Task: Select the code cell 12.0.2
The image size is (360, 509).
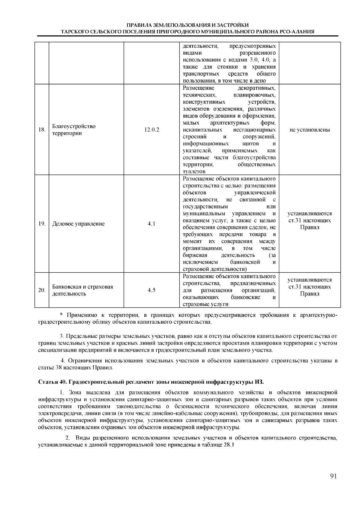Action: pyautogui.click(x=152, y=130)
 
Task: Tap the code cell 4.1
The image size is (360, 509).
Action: pyautogui.click(x=152, y=224)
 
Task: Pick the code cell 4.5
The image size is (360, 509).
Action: pyautogui.click(x=152, y=290)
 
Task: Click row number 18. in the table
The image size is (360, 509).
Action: pyautogui.click(x=42, y=130)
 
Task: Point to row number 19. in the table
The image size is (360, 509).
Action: pyautogui.click(x=42, y=224)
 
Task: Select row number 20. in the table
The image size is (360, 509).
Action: pyautogui.click(x=42, y=290)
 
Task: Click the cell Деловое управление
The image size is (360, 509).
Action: pyautogui.click(x=79, y=224)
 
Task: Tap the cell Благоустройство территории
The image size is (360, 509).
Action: pyautogui.click(x=74, y=130)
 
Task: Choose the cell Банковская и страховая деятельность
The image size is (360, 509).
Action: pyautogui.click(x=82, y=290)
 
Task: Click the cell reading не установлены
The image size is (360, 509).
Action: pyautogui.click(x=310, y=130)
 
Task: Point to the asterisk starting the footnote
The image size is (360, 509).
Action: pyautogui.click(x=61, y=315)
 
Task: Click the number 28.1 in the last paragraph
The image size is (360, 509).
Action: pyautogui.click(x=228, y=445)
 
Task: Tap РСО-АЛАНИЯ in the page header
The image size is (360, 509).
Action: pyautogui.click(x=297, y=31)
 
